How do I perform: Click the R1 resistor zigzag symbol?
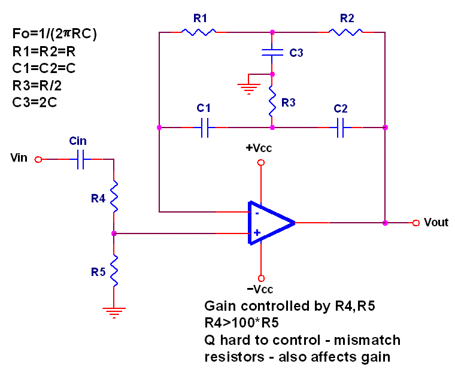(199, 32)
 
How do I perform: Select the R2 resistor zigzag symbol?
(345, 32)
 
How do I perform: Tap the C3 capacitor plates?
(272, 53)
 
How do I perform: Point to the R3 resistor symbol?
(272, 101)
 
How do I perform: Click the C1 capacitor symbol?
(205, 128)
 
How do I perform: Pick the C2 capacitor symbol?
(341, 128)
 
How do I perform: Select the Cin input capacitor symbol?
(80, 159)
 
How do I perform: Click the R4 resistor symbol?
(114, 196)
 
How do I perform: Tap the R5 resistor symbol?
(114, 271)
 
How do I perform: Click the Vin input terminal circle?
(38, 159)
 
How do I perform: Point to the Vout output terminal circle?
(416, 223)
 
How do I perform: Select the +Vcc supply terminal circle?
(261, 162)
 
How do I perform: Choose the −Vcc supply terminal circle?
(261, 278)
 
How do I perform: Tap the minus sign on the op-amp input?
(257, 214)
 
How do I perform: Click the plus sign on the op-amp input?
(257, 232)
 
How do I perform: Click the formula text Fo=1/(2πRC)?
(54, 34)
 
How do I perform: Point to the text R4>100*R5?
(241, 323)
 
